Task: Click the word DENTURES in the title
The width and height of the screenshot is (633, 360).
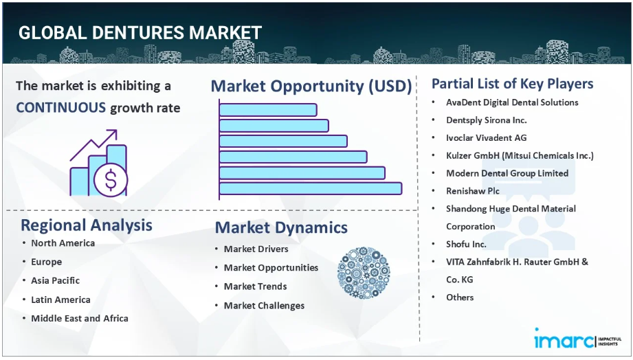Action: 138,33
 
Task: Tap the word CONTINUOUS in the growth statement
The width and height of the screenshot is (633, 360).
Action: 61,108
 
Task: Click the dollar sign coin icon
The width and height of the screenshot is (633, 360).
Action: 111,179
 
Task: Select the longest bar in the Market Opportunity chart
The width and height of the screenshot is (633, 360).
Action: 311,188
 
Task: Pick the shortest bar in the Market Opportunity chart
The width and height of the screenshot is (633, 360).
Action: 268,110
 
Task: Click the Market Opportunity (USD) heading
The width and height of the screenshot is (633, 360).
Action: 311,86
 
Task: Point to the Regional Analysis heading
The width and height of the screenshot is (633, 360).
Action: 87,225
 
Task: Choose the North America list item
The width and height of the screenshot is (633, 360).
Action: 63,243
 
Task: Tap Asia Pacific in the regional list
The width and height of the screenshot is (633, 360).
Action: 55,280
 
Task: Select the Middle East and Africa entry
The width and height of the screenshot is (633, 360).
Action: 80,318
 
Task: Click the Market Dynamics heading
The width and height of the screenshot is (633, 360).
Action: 281,227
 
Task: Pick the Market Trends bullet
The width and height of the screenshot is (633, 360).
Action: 255,286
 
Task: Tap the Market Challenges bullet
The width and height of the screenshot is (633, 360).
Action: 264,306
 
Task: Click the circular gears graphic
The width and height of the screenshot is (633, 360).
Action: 364,273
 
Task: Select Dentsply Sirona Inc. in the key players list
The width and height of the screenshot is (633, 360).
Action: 487,120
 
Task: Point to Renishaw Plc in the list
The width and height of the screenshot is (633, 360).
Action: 473,191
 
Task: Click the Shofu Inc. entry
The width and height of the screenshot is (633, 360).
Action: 466,244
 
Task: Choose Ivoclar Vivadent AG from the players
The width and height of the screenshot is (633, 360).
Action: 487,138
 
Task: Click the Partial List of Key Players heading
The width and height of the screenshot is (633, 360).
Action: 512,84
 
